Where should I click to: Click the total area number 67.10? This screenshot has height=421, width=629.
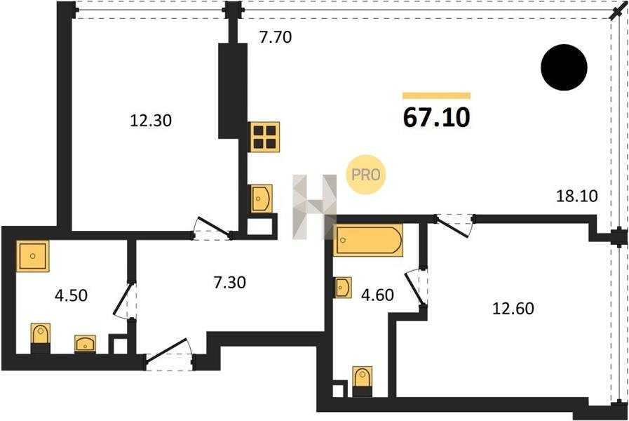pyautogui.click(x=436, y=118)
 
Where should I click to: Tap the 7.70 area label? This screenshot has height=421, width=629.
pyautogui.click(x=276, y=37)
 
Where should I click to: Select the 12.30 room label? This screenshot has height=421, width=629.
pyautogui.click(x=151, y=121)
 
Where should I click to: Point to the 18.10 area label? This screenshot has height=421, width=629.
pyautogui.click(x=577, y=196)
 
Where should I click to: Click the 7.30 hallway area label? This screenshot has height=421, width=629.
pyautogui.click(x=229, y=283)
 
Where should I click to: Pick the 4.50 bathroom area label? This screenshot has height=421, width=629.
pyautogui.click(x=71, y=295)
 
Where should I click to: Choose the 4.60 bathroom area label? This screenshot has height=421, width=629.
pyautogui.click(x=377, y=295)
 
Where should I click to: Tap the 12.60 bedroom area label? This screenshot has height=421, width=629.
pyautogui.click(x=513, y=308)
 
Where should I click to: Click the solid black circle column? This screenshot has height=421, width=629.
pyautogui.click(x=564, y=67)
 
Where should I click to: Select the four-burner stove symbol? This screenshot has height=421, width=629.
pyautogui.click(x=264, y=137)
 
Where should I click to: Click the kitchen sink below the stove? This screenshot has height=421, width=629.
pyautogui.click(x=261, y=199)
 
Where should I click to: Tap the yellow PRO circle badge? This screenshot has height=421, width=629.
pyautogui.click(x=365, y=175)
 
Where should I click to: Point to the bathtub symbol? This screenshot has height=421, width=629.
pyautogui.click(x=368, y=240)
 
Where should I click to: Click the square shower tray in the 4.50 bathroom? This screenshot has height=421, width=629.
pyautogui.click(x=32, y=256)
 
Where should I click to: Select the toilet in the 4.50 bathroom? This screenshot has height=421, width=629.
pyautogui.click(x=41, y=338)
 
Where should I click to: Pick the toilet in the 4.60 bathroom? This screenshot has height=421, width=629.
pyautogui.click(x=363, y=381)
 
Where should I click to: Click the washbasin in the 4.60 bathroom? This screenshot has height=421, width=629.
pyautogui.click(x=343, y=288)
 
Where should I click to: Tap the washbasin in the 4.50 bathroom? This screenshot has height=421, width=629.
pyautogui.click(x=85, y=345)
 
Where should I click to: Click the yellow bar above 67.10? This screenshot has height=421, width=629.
pyautogui.click(x=436, y=95)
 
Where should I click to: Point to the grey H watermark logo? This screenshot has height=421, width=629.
pyautogui.click(x=314, y=207)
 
